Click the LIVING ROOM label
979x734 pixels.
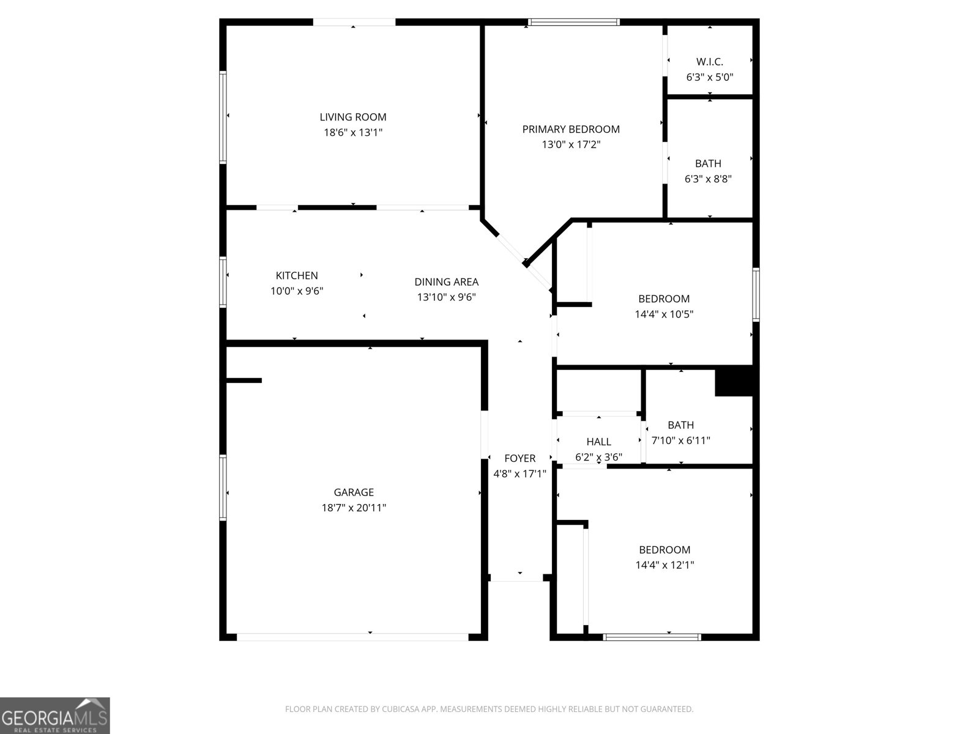(353, 117)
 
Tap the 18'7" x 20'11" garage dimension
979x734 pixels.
(354, 508)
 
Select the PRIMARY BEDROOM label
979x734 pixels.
(571, 129)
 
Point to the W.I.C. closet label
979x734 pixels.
(710, 62)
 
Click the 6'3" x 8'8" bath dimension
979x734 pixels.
(708, 179)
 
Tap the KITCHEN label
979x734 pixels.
(297, 276)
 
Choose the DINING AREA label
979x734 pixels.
(447, 282)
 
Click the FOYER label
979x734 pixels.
(519, 458)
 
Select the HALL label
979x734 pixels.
(598, 442)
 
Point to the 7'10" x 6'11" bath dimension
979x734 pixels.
(680, 440)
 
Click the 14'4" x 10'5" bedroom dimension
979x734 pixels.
(664, 314)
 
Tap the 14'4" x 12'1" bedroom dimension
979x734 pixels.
(664, 565)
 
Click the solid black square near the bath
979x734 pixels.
(734, 381)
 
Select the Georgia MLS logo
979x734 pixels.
(55, 715)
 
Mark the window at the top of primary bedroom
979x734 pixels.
(574, 23)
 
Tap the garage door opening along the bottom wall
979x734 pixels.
(352, 637)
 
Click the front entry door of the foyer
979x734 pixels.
(517, 577)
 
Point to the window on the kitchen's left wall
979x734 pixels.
(223, 281)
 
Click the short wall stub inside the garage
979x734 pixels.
(244, 380)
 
